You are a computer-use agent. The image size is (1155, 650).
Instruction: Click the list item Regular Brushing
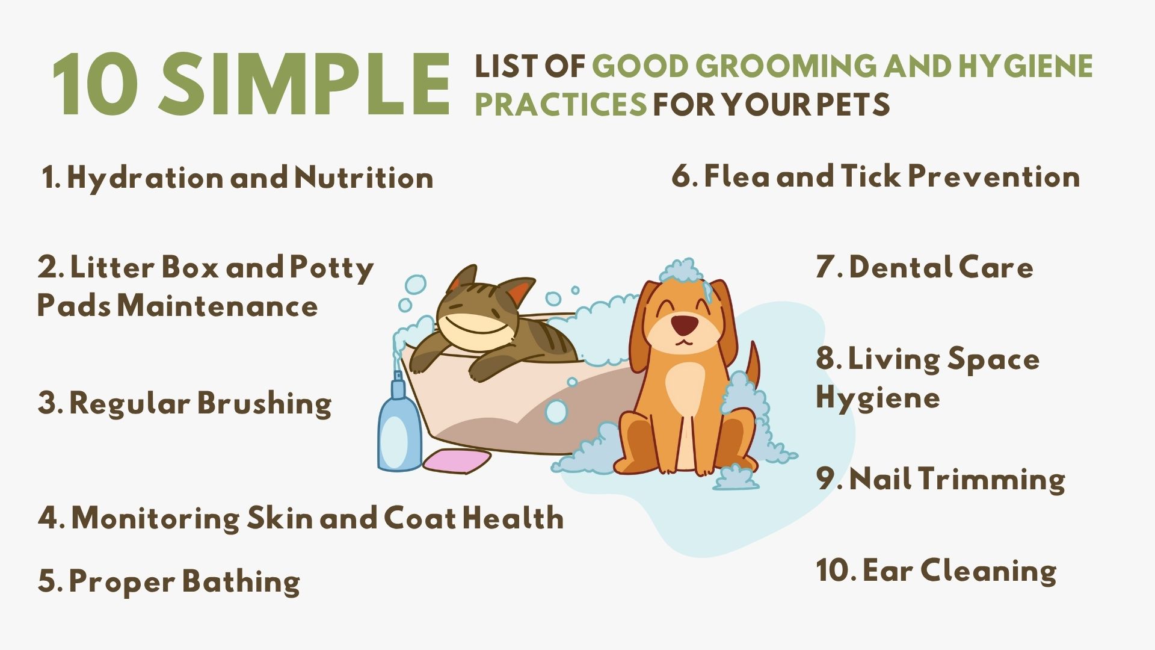pyautogui.click(x=184, y=403)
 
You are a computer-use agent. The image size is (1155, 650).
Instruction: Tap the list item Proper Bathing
pyautogui.click(x=168, y=582)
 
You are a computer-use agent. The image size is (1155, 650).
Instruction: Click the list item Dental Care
pyautogui.click(x=924, y=267)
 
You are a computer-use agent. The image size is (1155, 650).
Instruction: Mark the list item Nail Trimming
pyautogui.click(x=940, y=480)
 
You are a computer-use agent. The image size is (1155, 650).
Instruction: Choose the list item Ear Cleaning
pyautogui.click(x=936, y=571)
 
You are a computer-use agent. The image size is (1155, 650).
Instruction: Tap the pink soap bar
pyautogui.click(x=457, y=460)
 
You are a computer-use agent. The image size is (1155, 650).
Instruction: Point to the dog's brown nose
pyautogui.click(x=685, y=325)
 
